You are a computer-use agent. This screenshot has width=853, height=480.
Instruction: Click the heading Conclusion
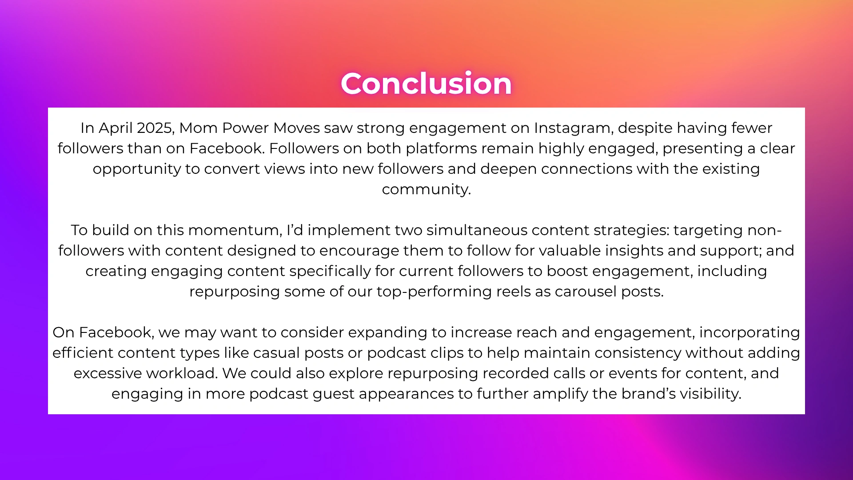point(426,83)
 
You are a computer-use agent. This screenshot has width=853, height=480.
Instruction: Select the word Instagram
point(574,128)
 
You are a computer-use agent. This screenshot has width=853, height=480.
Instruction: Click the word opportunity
point(137,169)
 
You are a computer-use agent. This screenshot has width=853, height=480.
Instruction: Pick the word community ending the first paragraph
point(426,190)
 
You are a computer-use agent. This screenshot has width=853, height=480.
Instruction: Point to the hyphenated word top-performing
point(434,292)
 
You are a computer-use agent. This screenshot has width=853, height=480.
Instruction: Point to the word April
point(116,128)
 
